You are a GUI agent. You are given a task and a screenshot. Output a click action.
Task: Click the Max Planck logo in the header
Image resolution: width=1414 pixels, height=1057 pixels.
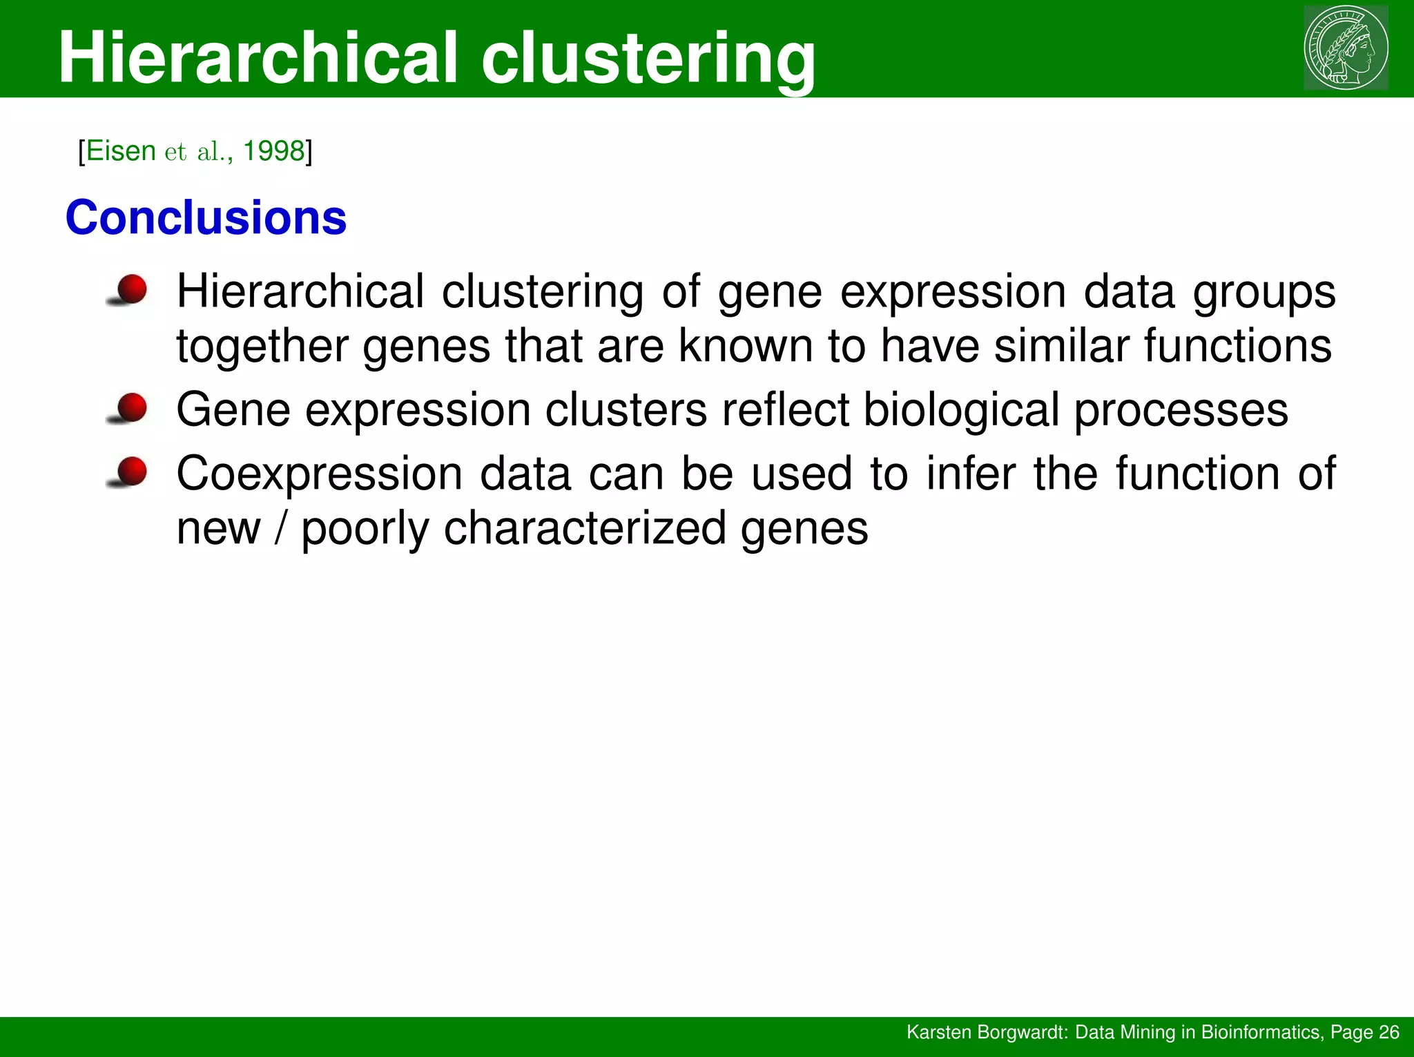click(x=1346, y=48)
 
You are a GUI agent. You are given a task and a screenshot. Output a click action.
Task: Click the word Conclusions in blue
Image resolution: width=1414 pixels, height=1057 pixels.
click(x=206, y=218)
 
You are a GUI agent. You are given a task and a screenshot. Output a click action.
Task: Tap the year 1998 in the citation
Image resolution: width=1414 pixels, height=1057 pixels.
click(x=274, y=151)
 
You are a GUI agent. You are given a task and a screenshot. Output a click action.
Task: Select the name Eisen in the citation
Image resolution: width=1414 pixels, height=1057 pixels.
click(x=121, y=151)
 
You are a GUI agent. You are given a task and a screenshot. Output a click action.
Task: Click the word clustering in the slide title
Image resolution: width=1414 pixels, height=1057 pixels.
click(x=648, y=58)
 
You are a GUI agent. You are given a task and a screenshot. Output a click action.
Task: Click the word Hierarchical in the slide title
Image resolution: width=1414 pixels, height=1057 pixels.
click(x=258, y=58)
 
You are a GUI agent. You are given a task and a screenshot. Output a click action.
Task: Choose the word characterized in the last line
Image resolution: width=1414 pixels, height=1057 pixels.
click(x=584, y=529)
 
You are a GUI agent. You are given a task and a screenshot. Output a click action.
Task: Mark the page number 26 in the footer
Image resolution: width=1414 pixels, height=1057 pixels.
click(x=1388, y=1032)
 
